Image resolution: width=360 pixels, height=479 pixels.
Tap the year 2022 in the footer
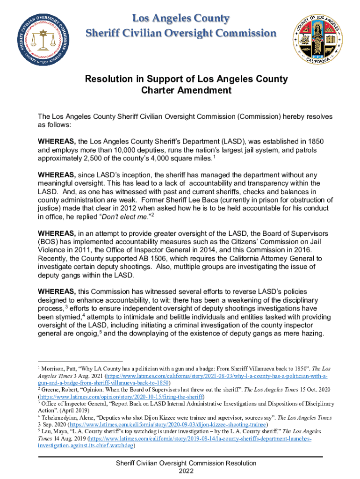[x=186, y=471]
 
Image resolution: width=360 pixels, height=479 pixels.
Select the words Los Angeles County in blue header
[x=181, y=19]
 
